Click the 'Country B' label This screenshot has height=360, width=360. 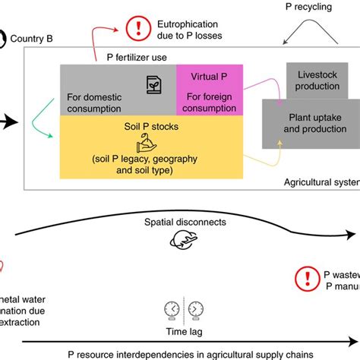tap(30, 37)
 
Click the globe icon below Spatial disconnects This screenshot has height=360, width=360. tap(185, 242)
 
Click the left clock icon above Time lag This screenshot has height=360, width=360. tap(172, 308)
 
